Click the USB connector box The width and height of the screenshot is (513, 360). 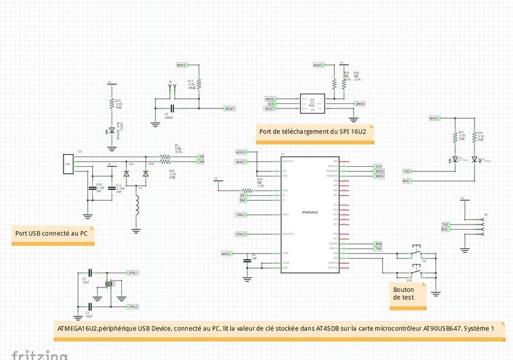click(x=67, y=164)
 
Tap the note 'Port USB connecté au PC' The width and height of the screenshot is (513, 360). click(x=52, y=234)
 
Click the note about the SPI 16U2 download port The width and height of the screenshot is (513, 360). click(x=313, y=132)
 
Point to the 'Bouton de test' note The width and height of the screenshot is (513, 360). click(x=404, y=294)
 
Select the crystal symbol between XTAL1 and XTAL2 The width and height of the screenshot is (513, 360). click(x=109, y=284)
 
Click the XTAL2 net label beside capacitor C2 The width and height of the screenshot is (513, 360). click(x=133, y=307)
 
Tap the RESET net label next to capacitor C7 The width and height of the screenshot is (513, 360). click(x=229, y=108)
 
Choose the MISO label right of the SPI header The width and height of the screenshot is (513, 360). click(x=360, y=103)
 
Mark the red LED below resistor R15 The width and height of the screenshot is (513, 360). click(x=112, y=130)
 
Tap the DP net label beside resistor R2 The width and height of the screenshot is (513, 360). click(x=201, y=157)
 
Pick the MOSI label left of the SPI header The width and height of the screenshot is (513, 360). click(x=270, y=99)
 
